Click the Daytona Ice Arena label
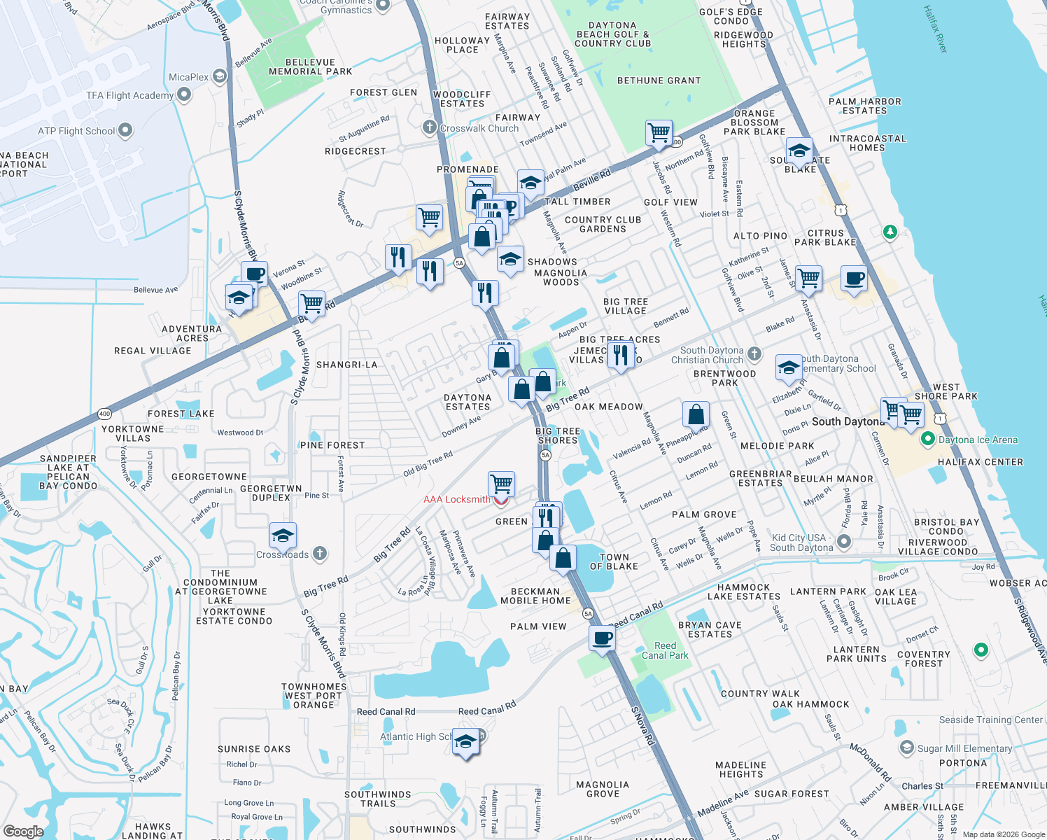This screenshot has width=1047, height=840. [978, 440]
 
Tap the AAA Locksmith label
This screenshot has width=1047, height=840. [457, 499]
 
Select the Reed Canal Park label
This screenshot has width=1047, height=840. [665, 651]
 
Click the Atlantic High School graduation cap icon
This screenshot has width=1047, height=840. [465, 741]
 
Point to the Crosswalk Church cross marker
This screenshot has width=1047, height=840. [430, 127]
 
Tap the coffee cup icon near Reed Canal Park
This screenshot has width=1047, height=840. [602, 638]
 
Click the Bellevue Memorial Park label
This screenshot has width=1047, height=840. [310, 67]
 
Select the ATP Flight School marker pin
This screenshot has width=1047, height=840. [125, 130]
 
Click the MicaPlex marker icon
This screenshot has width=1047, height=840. [220, 76]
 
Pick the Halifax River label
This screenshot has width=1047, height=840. [935, 29]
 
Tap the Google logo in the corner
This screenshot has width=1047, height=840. [23, 831]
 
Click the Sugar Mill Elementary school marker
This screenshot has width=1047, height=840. [907, 748]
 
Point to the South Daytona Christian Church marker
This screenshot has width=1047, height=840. [754, 354]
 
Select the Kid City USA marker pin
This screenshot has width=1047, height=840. [844, 542]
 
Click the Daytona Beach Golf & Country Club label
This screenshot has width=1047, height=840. [613, 34]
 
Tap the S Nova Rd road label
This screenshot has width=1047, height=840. [642, 726]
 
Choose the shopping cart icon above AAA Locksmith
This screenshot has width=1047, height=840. [501, 483]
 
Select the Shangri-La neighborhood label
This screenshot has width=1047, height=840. [346, 365]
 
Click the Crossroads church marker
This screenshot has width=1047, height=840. [319, 554]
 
